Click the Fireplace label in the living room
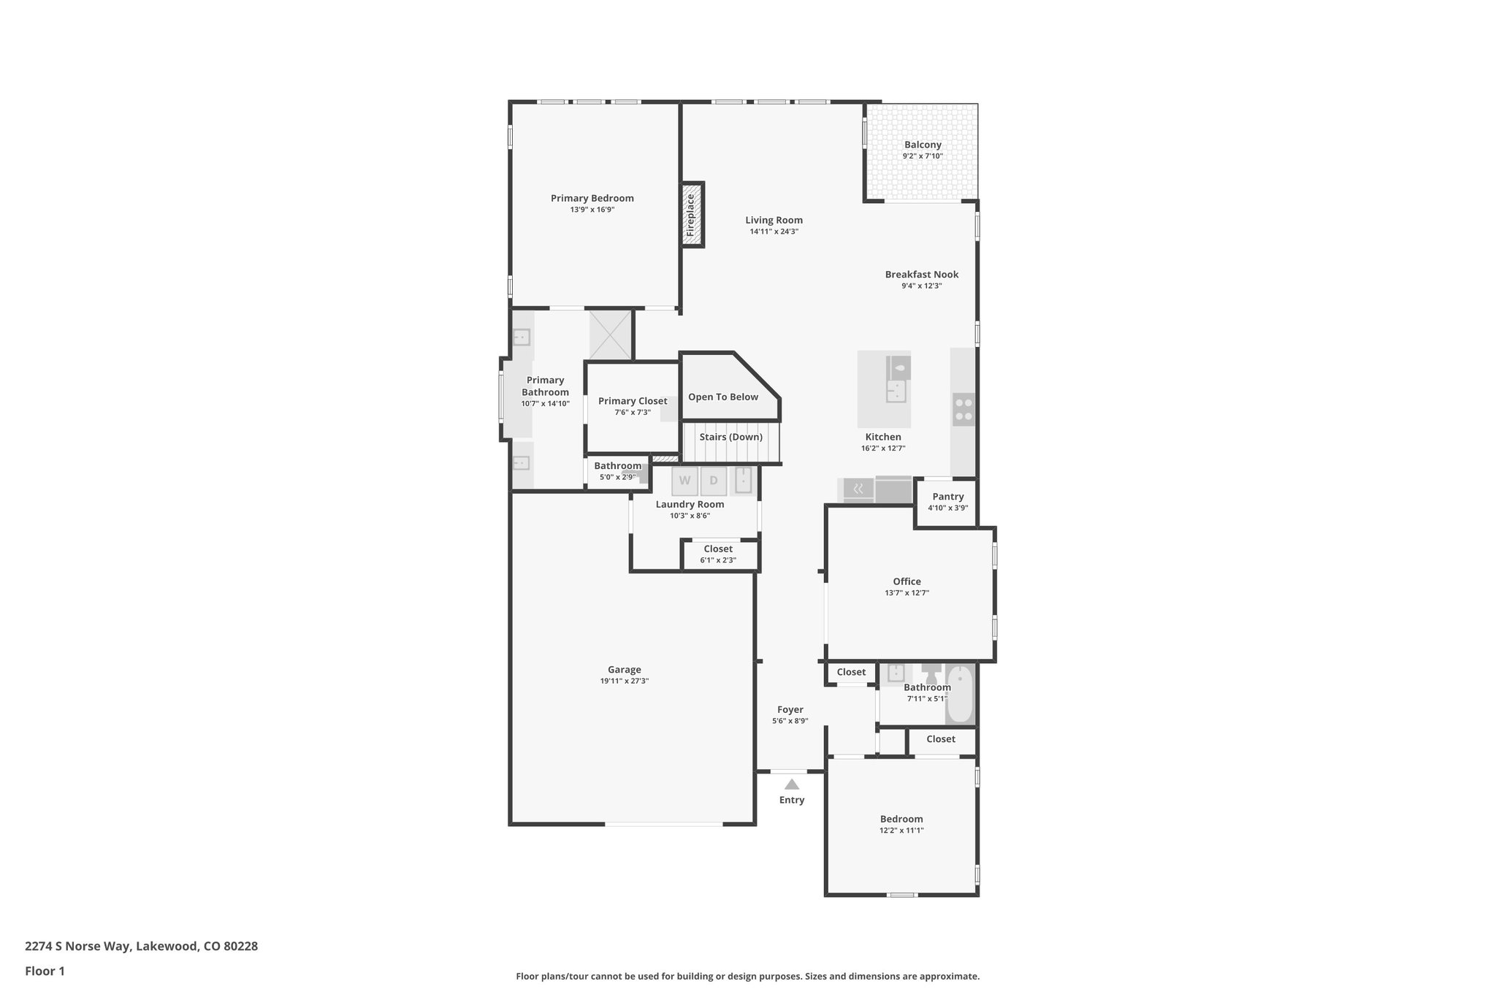[690, 215]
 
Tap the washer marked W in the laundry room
[684, 481]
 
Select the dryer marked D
[714, 481]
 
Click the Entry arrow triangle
[792, 784]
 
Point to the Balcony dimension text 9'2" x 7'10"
[923, 156]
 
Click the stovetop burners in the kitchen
[963, 410]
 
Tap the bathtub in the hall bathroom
[960, 694]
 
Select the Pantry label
[947, 497]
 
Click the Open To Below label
[723, 397]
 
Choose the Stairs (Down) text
[730, 438]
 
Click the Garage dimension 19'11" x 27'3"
[625, 681]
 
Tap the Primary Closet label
[633, 401]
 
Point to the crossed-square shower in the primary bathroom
[610, 335]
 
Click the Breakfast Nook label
[922, 275]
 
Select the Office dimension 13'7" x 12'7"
[907, 593]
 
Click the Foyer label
[790, 710]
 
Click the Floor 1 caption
[45, 971]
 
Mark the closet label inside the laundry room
[718, 549]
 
